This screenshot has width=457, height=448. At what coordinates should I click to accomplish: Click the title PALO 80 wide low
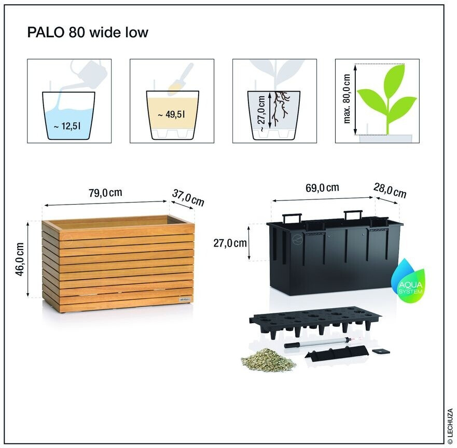88,33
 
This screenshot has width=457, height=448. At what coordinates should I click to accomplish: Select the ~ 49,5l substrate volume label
172,115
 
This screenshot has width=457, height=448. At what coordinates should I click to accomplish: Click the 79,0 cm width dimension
105,193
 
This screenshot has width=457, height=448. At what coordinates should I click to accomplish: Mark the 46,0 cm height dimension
20,259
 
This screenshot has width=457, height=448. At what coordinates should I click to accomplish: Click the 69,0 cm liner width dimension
322,187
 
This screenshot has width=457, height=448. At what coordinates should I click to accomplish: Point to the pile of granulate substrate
268,359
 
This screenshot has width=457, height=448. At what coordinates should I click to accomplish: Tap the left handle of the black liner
291,216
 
